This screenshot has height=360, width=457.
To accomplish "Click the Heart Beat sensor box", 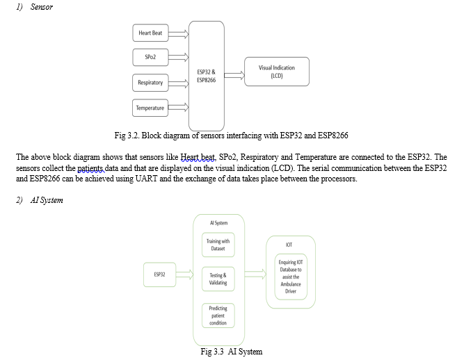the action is click(x=150, y=33).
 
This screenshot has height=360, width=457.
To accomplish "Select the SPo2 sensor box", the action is click(x=150, y=57).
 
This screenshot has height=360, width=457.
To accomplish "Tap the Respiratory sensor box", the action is click(x=150, y=83).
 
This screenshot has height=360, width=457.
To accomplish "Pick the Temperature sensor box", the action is click(x=150, y=108).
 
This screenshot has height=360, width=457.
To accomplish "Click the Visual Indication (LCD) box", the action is click(x=277, y=72).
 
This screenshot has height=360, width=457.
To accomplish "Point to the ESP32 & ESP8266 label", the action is click(x=207, y=76).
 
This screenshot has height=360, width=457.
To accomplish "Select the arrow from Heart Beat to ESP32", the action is click(x=178, y=34).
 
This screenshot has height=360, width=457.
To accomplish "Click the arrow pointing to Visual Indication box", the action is click(x=234, y=76).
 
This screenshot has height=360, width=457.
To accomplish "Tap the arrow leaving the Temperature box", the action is click(x=178, y=108).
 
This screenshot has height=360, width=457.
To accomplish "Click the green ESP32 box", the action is click(x=160, y=275).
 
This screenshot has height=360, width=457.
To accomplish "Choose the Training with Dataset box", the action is click(x=218, y=245).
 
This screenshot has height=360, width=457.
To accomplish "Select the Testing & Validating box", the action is click(x=218, y=279).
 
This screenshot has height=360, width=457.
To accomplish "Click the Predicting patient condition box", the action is click(x=218, y=316).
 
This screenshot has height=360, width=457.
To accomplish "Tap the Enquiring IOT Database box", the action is click(x=291, y=277).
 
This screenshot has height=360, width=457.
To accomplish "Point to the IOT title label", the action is click(x=289, y=245).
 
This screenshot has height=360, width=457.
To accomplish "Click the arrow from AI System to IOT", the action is click(x=255, y=275).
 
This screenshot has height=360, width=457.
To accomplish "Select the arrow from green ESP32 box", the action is click(x=184, y=275).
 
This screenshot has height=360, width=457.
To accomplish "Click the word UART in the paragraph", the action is click(x=146, y=178).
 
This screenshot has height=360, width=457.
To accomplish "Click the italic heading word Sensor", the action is click(x=42, y=7).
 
